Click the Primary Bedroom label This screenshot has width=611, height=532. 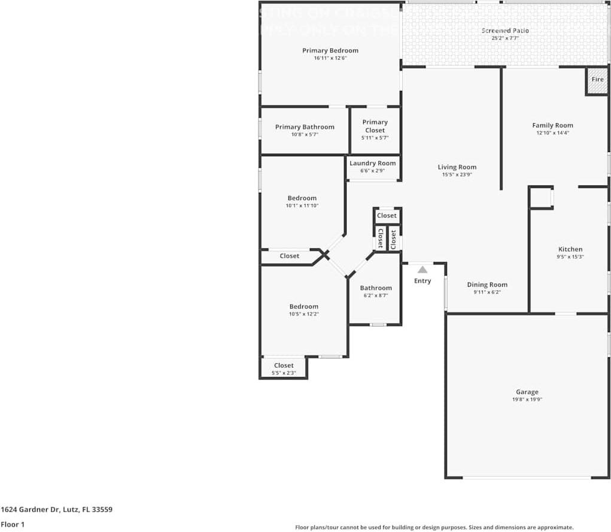pos(330,50)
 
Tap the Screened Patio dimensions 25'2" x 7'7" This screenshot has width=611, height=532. pos(504,38)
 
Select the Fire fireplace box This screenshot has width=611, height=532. pos(597,81)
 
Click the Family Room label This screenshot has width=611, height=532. pos(552,125)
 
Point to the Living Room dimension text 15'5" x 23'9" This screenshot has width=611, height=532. pos(456,175)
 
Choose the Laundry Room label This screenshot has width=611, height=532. pos(372,163)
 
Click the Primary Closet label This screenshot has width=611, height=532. pos(375,126)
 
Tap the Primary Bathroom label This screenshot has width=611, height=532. pos(305,127)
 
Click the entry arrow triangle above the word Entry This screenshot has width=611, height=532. pos(422,270)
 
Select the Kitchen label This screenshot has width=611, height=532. pos(570,249)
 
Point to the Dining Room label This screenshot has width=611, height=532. pos(487,285)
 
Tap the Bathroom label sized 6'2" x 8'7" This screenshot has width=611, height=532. pos(376,288)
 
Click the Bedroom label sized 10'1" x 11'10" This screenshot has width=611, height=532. pos(302,198)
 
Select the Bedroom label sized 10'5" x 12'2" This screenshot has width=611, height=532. pos(304,306)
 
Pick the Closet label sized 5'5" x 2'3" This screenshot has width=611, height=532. pos(284,365)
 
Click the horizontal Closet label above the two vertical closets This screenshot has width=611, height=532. pos(387,215)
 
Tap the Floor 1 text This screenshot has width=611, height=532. pos(12,524)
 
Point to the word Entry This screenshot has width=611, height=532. pos(422,281)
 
